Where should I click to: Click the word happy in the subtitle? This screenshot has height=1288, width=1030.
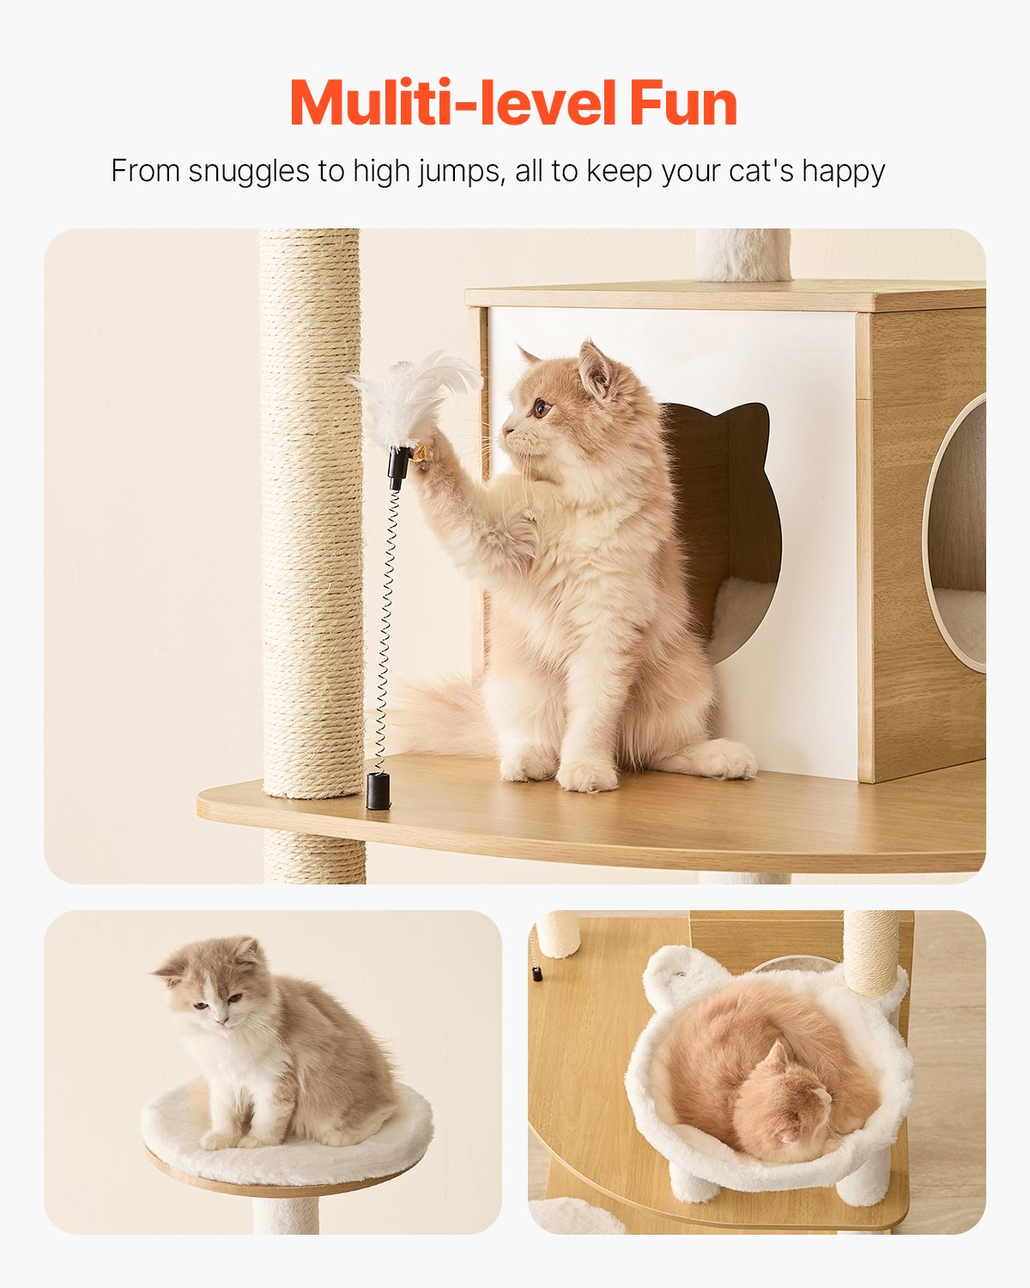point(843,171)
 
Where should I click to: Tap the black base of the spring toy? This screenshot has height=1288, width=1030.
point(378,790)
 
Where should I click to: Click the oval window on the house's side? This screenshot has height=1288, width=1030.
point(957,532)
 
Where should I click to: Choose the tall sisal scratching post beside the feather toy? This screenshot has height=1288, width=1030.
point(311,515)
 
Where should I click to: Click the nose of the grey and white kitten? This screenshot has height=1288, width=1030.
point(221,1019)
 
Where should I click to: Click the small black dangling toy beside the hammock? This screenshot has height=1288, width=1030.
point(537,974)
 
